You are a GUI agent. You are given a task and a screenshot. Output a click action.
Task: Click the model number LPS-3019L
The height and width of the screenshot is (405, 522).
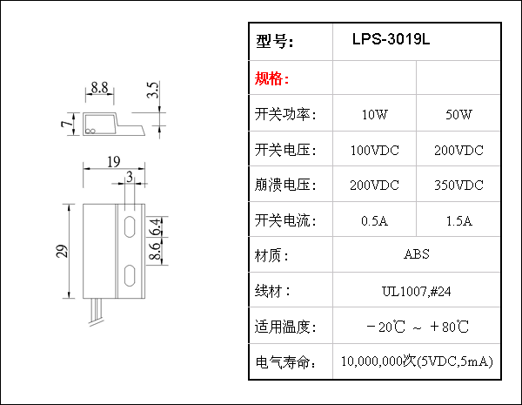391,40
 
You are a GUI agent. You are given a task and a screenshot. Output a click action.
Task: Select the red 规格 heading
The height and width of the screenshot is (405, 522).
271,79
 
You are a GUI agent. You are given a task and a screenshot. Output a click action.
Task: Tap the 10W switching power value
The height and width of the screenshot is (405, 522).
375,115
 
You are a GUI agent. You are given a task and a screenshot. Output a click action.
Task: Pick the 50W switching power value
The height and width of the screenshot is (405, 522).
458,115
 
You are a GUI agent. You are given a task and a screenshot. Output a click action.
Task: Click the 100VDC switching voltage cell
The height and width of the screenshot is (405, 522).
375,151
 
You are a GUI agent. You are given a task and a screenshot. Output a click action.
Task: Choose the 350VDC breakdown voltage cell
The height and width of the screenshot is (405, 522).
458,186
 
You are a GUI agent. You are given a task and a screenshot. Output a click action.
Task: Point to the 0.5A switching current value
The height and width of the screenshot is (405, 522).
375,220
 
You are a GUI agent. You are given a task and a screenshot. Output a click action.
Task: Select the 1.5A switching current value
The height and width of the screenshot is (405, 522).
458,220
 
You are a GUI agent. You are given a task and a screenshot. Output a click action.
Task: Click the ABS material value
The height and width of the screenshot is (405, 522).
417,255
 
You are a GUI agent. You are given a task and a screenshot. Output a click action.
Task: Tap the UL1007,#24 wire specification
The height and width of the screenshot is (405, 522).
417,290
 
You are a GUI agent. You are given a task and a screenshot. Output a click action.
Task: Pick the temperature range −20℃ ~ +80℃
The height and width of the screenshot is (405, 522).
418,327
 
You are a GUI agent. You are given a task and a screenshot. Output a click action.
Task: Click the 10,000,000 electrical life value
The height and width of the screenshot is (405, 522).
417,361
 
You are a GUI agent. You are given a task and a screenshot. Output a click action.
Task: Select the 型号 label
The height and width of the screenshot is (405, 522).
276,42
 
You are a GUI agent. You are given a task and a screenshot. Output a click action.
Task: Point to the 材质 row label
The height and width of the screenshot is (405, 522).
271,256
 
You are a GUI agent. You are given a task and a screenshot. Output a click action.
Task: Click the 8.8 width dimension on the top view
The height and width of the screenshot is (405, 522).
99,88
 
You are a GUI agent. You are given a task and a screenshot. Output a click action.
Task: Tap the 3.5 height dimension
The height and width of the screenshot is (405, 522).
154,91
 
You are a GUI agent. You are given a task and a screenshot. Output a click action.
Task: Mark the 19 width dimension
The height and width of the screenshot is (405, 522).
112,161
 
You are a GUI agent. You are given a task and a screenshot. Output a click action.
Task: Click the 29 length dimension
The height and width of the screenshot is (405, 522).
61,252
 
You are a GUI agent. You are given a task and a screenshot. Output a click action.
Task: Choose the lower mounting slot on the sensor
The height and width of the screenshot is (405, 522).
129,276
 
